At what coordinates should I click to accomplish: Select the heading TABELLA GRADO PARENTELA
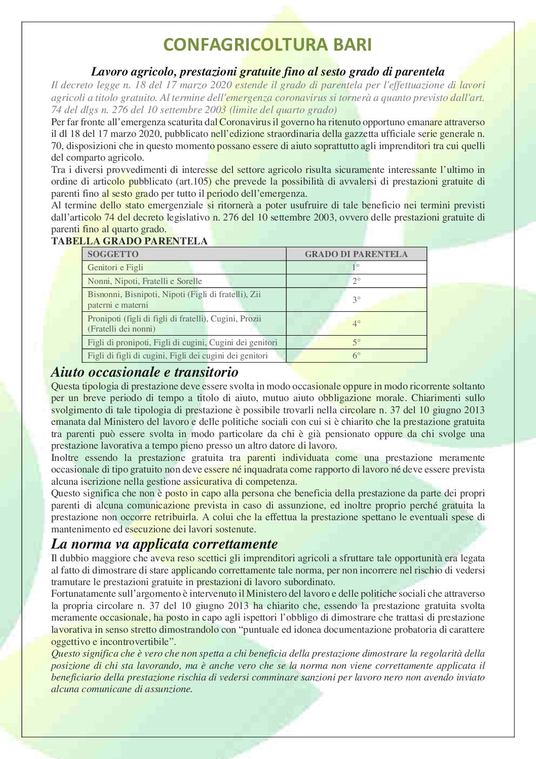[x=129, y=241]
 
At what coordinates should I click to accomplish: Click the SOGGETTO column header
[x=113, y=255]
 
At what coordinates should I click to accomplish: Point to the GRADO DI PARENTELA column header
[x=356, y=255]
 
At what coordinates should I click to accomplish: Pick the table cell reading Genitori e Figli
[x=116, y=268]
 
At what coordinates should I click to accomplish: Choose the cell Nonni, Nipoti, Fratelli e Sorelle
[x=145, y=281]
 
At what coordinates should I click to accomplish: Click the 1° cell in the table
[x=356, y=268]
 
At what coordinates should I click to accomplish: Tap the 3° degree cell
[x=356, y=300]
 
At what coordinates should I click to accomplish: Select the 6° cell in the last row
[x=356, y=356]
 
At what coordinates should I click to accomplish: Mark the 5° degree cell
[x=356, y=343]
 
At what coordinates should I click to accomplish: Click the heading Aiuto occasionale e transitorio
[x=144, y=372]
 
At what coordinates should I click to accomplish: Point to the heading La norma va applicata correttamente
[x=164, y=544]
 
